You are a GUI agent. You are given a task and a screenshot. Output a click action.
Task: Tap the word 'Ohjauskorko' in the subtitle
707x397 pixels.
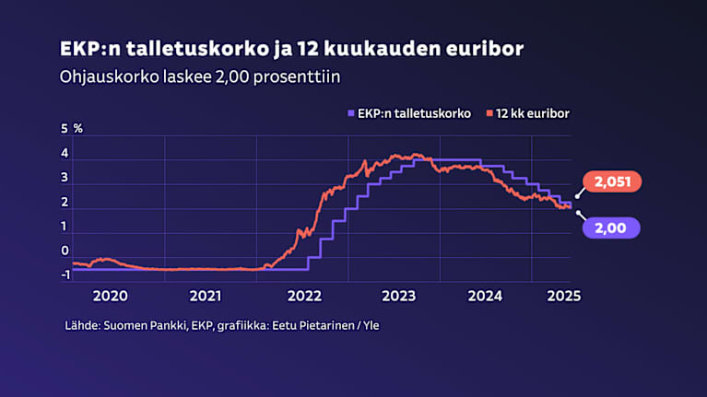coord(101,77)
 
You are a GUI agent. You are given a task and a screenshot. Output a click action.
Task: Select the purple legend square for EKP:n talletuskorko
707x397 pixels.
coord(348,113)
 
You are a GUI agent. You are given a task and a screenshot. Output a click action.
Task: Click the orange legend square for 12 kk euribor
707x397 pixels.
coord(489,113)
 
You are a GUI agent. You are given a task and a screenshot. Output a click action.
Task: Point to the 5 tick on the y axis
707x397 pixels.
coord(65,128)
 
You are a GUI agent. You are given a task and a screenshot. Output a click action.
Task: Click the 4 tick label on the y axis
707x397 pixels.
coord(65,153)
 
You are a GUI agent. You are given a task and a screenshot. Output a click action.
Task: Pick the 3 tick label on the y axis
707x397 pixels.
coord(65,178)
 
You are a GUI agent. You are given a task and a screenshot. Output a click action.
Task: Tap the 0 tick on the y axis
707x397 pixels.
coord(65,251)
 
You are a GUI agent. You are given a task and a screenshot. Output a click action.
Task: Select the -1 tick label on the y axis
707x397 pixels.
coord(64,274)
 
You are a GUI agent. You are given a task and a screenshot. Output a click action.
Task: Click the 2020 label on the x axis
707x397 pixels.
coord(111,296)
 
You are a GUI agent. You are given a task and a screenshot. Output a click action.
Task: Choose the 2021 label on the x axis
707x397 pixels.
coord(206,296)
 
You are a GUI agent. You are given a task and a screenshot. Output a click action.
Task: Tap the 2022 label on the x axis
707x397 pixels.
coord(303,296)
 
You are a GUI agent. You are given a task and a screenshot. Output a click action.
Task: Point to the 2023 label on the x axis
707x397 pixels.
coord(398,296)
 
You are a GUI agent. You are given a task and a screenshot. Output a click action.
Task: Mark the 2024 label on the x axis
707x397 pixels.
coord(485,296)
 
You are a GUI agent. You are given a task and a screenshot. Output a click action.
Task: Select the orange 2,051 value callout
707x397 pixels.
coord(611,183)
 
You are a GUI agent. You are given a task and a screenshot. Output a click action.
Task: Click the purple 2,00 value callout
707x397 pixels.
coord(611,226)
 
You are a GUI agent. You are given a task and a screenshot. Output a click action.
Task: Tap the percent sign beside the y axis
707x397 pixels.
coord(78,128)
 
